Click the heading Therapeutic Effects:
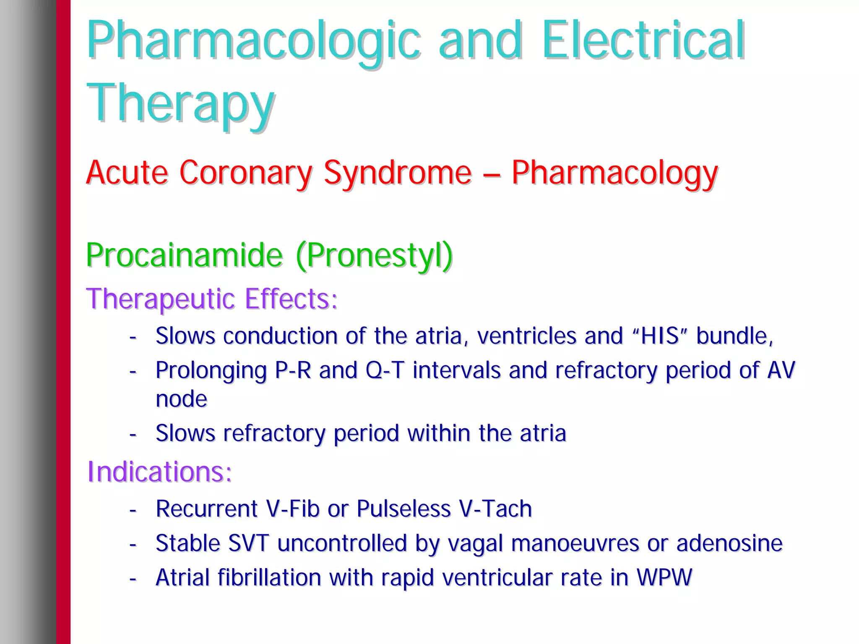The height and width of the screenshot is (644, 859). [212, 299]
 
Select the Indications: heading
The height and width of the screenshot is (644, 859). [159, 471]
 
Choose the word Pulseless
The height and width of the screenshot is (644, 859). [403, 509]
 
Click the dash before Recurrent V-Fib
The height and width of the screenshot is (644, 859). [133, 510]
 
